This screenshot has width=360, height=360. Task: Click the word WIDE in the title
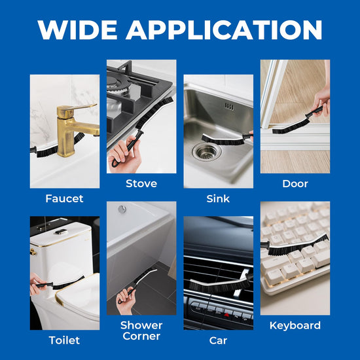click(77, 29)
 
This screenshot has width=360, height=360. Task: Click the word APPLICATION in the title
click(225, 29)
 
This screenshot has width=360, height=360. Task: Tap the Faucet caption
click(64, 198)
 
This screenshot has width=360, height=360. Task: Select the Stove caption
click(141, 183)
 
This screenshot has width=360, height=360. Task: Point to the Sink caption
click(218, 198)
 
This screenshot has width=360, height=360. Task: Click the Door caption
click(295, 184)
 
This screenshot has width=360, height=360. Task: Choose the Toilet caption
click(64, 340)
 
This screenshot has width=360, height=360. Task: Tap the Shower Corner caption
click(141, 331)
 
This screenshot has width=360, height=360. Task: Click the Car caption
click(218, 340)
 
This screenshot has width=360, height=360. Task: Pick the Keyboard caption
click(295, 325)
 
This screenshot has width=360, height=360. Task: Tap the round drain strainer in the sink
click(207, 152)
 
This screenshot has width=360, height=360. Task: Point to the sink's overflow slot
click(229, 107)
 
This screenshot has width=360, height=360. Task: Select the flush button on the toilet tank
click(61, 232)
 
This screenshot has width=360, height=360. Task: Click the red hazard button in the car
click(227, 315)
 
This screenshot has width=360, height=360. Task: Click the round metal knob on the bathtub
click(122, 209)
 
